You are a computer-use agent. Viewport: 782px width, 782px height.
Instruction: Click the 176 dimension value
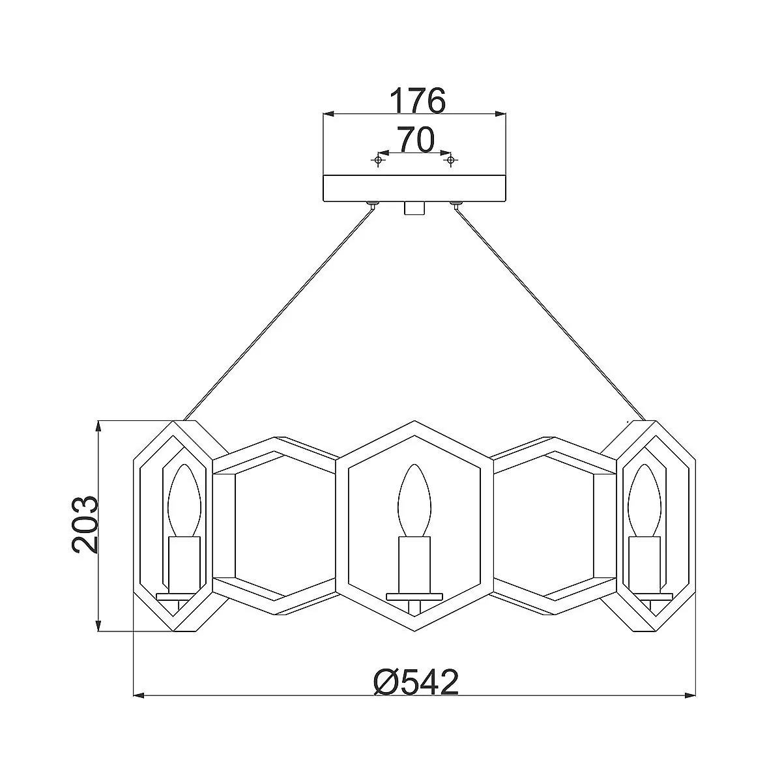[x=418, y=100]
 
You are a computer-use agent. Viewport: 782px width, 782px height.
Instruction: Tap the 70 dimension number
[x=415, y=139]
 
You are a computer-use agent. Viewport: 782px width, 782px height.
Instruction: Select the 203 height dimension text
[x=85, y=525]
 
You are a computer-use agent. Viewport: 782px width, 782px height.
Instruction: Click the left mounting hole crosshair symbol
[x=378, y=161]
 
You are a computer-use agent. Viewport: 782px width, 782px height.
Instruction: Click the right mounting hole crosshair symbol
[x=450, y=161]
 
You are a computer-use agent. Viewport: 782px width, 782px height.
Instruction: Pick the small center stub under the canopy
[x=414, y=208]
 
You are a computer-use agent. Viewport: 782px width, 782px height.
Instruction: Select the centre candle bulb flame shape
[x=414, y=501]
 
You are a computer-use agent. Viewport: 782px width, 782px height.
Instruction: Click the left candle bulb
[x=184, y=501]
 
